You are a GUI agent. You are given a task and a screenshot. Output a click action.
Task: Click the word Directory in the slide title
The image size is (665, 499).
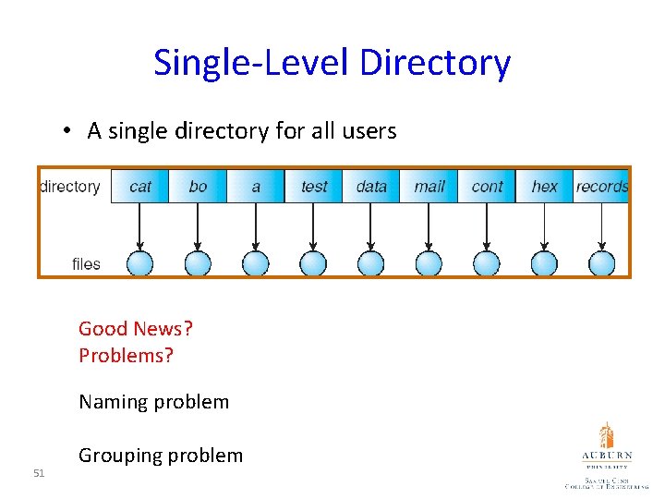pos(434,63)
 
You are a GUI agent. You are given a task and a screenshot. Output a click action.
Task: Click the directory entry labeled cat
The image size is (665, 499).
pos(140,186)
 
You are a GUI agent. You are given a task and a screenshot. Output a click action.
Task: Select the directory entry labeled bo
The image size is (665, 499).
pos(198,186)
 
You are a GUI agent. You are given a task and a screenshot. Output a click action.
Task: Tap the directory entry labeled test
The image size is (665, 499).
pos(314,186)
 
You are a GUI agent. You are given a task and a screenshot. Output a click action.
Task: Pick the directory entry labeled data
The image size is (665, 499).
pos(371,186)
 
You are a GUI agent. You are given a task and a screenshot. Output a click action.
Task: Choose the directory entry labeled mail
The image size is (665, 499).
pos(429,186)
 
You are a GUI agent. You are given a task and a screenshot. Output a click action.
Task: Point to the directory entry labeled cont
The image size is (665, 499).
pos(487,186)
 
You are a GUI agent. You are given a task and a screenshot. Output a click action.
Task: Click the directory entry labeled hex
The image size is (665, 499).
pos(545,186)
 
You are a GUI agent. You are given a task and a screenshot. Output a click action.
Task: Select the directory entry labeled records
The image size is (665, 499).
pos(601,186)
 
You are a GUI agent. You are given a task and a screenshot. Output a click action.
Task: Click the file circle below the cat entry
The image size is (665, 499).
pos(139,263)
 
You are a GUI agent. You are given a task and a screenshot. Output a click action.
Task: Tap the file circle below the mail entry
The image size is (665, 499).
pos(429,263)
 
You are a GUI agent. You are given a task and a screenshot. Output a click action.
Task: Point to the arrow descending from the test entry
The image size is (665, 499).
pos(313,226)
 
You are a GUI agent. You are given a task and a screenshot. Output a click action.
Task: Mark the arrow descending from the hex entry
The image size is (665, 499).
pos(544,226)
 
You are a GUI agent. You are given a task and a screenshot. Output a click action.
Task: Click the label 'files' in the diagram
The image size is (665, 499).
pos(86,264)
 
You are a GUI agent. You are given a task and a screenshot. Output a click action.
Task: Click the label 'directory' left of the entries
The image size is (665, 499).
pos(70,187)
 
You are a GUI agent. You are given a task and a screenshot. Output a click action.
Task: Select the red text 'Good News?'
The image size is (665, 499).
pos(136,329)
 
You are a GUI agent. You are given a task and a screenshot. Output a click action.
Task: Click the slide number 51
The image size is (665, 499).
pos(39,473)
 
